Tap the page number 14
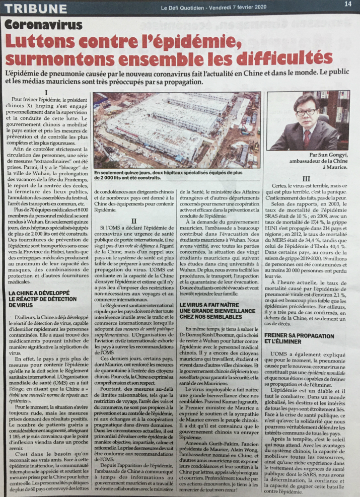click(347, 4)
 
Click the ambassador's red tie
click(307, 137)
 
